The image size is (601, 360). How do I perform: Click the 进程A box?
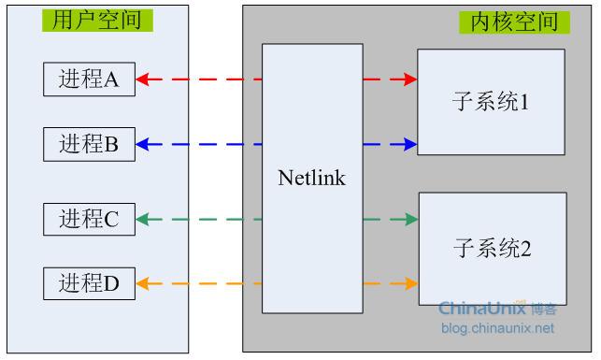90,79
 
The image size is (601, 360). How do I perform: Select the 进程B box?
90,144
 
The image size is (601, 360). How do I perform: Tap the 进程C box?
90,219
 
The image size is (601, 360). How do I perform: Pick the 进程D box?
90,283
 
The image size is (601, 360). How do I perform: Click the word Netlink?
311,178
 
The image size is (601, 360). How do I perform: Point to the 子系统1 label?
491,102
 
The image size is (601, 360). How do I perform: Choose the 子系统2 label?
493,248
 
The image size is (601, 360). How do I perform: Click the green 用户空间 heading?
97,20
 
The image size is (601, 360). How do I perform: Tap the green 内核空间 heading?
514,22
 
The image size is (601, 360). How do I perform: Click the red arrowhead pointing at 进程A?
143,79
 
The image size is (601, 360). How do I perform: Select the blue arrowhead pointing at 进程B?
143,144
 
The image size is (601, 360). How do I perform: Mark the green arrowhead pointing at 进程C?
143,220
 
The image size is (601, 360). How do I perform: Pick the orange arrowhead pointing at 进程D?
143,283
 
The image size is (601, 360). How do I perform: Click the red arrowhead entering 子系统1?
410,79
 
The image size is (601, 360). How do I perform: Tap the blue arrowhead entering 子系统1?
410,144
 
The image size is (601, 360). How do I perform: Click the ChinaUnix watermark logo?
498,308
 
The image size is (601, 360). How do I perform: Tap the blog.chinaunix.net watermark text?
497,328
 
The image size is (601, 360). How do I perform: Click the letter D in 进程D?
111,284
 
